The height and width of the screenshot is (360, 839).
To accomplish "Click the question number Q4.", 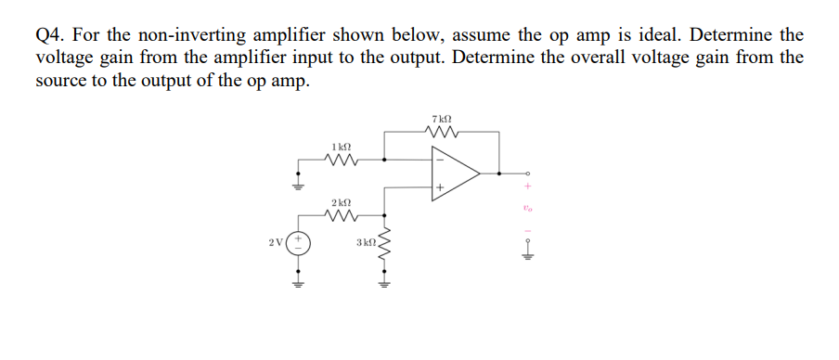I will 49,35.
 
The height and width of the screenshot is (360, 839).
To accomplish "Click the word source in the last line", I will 61,80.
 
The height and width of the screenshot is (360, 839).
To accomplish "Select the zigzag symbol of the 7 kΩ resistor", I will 442,133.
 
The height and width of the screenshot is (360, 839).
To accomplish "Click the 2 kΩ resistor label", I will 341,202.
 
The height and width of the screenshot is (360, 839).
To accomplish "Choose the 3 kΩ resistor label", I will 365,243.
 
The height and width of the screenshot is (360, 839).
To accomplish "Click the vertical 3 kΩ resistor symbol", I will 381,245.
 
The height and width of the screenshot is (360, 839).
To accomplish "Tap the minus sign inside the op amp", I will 440,159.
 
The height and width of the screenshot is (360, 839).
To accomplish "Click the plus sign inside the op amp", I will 440,188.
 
